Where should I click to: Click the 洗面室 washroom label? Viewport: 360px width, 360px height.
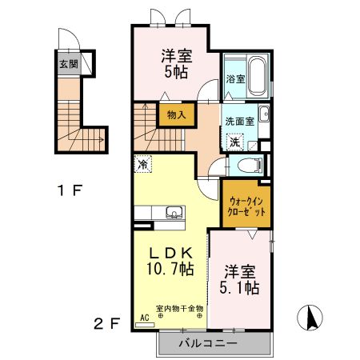tap(238, 122)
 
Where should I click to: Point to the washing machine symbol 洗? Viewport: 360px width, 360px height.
tap(234, 142)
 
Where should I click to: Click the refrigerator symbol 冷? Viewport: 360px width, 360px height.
tap(142, 162)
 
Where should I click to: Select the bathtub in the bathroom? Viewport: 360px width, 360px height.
tap(258, 75)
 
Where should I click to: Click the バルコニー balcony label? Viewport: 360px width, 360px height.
tap(213, 344)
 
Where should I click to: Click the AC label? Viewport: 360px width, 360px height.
tap(145, 318)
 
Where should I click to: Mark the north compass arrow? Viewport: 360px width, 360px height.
tap(310, 318)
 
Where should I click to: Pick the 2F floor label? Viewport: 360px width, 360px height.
tap(107, 324)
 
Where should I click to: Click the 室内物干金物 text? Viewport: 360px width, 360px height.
tap(179, 308)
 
